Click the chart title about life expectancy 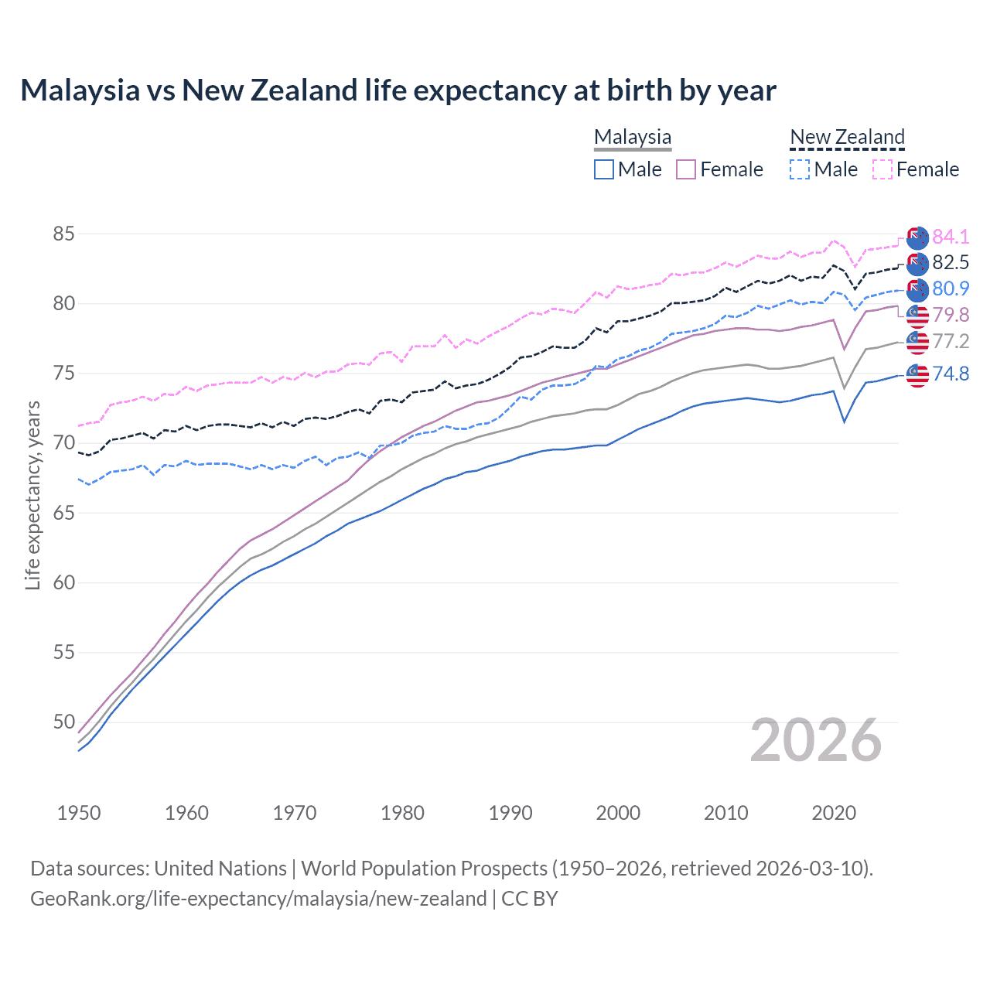(398, 90)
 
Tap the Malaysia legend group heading (633, 137)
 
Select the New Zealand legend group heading (847, 137)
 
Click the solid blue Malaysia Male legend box (604, 169)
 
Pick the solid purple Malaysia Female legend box (686, 169)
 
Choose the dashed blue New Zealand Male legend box (800, 169)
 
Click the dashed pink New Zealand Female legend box (882, 169)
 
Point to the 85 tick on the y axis (64, 234)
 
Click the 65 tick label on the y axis (64, 513)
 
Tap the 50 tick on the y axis (64, 722)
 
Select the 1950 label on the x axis (79, 813)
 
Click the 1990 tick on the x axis (510, 813)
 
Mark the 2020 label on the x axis (834, 813)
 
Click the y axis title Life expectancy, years (32, 495)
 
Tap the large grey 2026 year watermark (816, 740)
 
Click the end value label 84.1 (951, 237)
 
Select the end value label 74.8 (951, 374)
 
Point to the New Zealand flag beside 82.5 (917, 264)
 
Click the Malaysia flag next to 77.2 (917, 342)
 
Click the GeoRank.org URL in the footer (258, 899)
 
